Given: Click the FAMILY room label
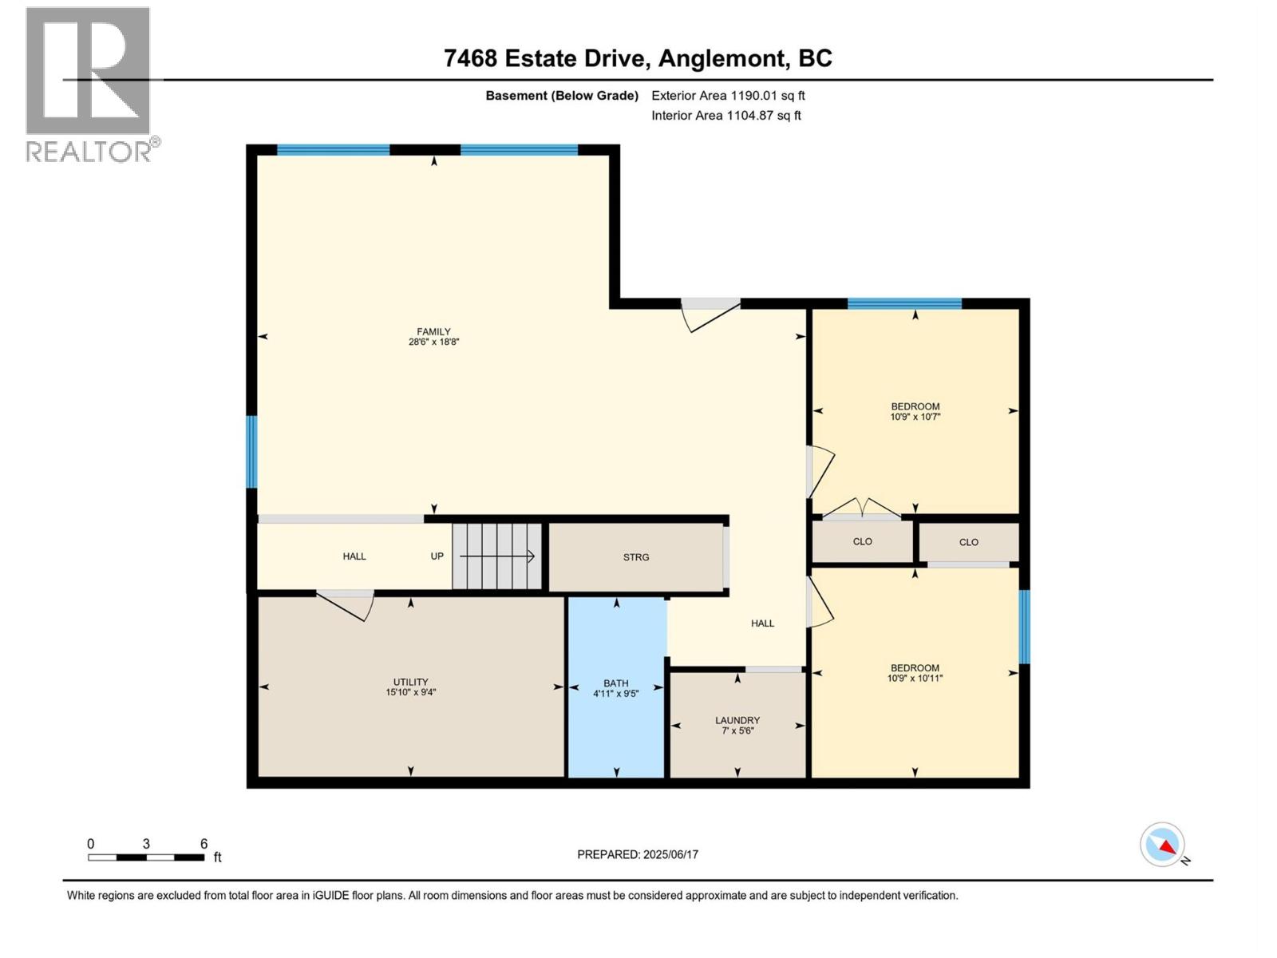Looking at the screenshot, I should (x=433, y=332).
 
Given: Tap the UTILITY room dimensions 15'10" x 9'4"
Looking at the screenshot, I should (x=410, y=693).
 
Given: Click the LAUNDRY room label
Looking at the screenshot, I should (x=737, y=720).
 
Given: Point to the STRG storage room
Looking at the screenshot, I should (x=636, y=557).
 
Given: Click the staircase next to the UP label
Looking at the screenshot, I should (x=497, y=556).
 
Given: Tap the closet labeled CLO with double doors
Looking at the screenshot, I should (x=862, y=542).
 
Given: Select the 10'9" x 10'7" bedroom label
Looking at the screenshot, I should (x=915, y=412).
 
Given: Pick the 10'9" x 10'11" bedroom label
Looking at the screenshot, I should (x=915, y=673).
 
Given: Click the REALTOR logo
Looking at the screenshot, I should (x=89, y=84).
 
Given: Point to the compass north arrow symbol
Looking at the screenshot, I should (x=1163, y=845).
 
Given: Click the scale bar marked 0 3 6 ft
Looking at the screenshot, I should (x=146, y=857).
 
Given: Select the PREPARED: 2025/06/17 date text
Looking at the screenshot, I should (x=638, y=854).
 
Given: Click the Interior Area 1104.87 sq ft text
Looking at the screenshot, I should (x=725, y=116).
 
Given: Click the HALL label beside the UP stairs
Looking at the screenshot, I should (x=354, y=556).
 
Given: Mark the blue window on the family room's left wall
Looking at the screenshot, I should (x=251, y=451).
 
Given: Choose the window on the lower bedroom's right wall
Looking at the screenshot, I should (x=1024, y=627).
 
